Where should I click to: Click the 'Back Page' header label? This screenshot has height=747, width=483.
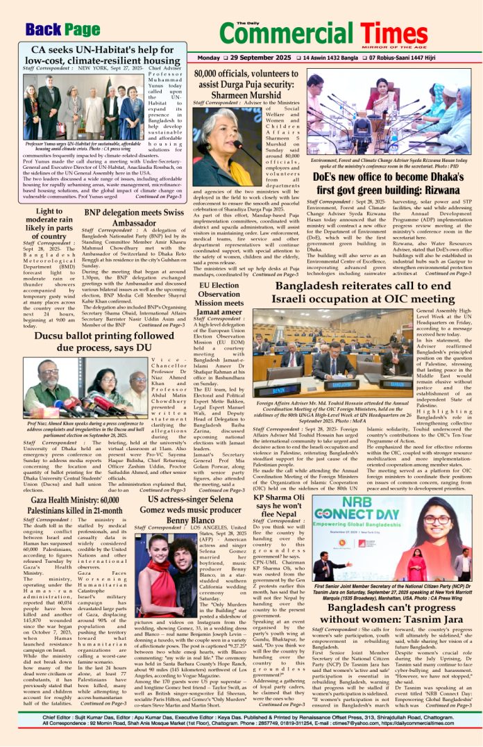pos(62,29)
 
